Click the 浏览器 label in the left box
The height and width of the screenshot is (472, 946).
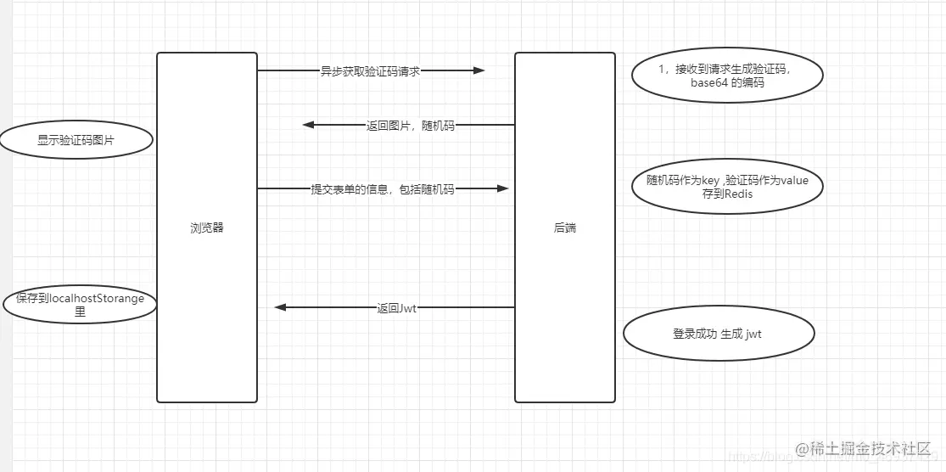coord(207,228)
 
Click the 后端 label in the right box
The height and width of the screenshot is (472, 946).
coord(565,228)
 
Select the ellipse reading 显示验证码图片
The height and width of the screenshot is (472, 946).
coord(76,141)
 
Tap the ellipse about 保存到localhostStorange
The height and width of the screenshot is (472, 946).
coord(80,306)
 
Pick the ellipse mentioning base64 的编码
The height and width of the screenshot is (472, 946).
coord(727,76)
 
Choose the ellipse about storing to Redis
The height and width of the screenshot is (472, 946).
coord(727,187)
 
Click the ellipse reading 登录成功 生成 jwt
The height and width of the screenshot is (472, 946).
coord(718,334)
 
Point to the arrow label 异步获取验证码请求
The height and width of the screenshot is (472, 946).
coord(370,71)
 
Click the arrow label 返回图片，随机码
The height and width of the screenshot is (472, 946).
coord(410,126)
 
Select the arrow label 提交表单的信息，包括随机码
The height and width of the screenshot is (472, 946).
coord(382,189)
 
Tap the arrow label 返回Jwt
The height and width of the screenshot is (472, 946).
coord(396,308)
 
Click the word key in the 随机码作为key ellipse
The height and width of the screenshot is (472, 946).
coord(710,180)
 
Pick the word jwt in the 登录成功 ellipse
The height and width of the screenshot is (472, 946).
coord(753,334)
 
